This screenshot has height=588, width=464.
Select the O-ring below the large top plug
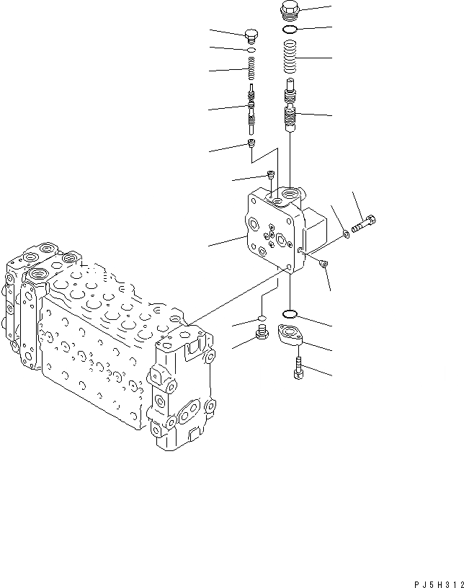coord(289,30)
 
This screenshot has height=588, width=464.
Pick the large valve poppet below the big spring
coord(290,108)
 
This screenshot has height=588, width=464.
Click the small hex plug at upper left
coord(251,35)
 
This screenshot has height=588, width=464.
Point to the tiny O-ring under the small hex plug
coord(251,50)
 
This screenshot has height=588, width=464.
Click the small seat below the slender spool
coord(251,144)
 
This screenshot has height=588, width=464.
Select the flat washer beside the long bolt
coord(347,232)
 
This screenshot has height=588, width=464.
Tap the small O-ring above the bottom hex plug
coord(263,317)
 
